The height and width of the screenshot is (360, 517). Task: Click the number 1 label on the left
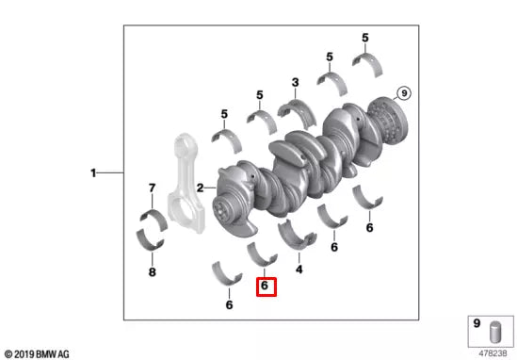tap(93, 173)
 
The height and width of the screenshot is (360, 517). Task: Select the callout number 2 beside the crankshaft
tap(200, 188)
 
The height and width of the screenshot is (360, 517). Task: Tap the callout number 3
tap(295, 83)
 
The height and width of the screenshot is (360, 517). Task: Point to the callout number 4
tap(299, 270)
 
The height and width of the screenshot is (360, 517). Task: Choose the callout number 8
tap(152, 272)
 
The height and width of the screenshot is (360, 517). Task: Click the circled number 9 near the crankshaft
tap(403, 92)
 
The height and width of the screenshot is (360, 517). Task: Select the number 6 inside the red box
tap(266, 284)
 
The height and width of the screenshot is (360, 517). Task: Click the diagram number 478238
tap(494, 353)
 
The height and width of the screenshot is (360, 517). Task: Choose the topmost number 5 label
tap(364, 37)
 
